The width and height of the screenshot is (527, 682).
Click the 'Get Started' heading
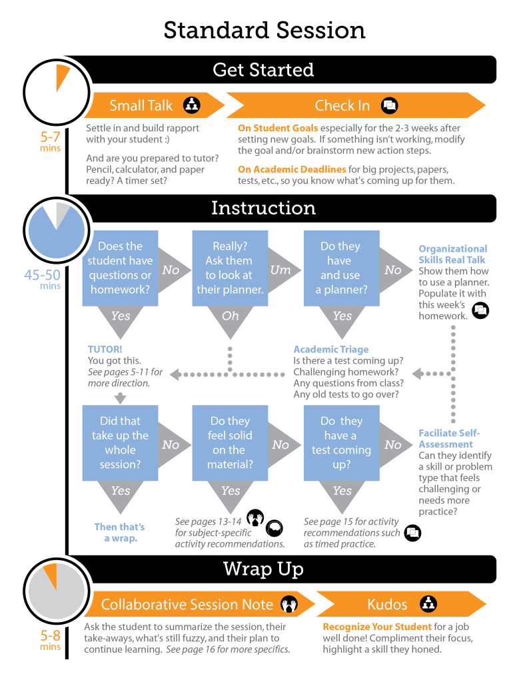pyautogui.click(x=263, y=70)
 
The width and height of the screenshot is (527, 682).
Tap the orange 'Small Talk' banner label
pyautogui.click(x=141, y=105)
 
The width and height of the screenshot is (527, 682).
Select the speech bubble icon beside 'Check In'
pyautogui.click(x=389, y=105)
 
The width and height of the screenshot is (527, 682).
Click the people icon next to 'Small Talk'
pyautogui.click(x=192, y=105)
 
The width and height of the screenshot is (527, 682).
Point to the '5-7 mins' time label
pyautogui.click(x=51, y=142)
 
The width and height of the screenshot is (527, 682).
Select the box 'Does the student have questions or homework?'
pyautogui.click(x=120, y=268)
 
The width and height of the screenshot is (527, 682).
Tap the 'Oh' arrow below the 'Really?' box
pyautogui.click(x=230, y=316)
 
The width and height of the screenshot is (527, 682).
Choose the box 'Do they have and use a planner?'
pyautogui.click(x=341, y=268)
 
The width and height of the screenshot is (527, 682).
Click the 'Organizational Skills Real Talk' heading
pyautogui.click(x=452, y=254)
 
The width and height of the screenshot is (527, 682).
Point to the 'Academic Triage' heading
pyautogui.click(x=330, y=349)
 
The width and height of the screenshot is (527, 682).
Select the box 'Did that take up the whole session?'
pyautogui.click(x=120, y=443)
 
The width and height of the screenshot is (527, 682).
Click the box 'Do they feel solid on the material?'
pyautogui.click(x=230, y=443)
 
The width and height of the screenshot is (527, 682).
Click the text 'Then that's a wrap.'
pyautogui.click(x=120, y=532)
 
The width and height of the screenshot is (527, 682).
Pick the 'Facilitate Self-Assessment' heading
pyautogui.click(x=448, y=438)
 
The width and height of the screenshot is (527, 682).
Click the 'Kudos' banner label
pyautogui.click(x=387, y=605)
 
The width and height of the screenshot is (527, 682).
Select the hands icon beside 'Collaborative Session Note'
pyautogui.click(x=288, y=605)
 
